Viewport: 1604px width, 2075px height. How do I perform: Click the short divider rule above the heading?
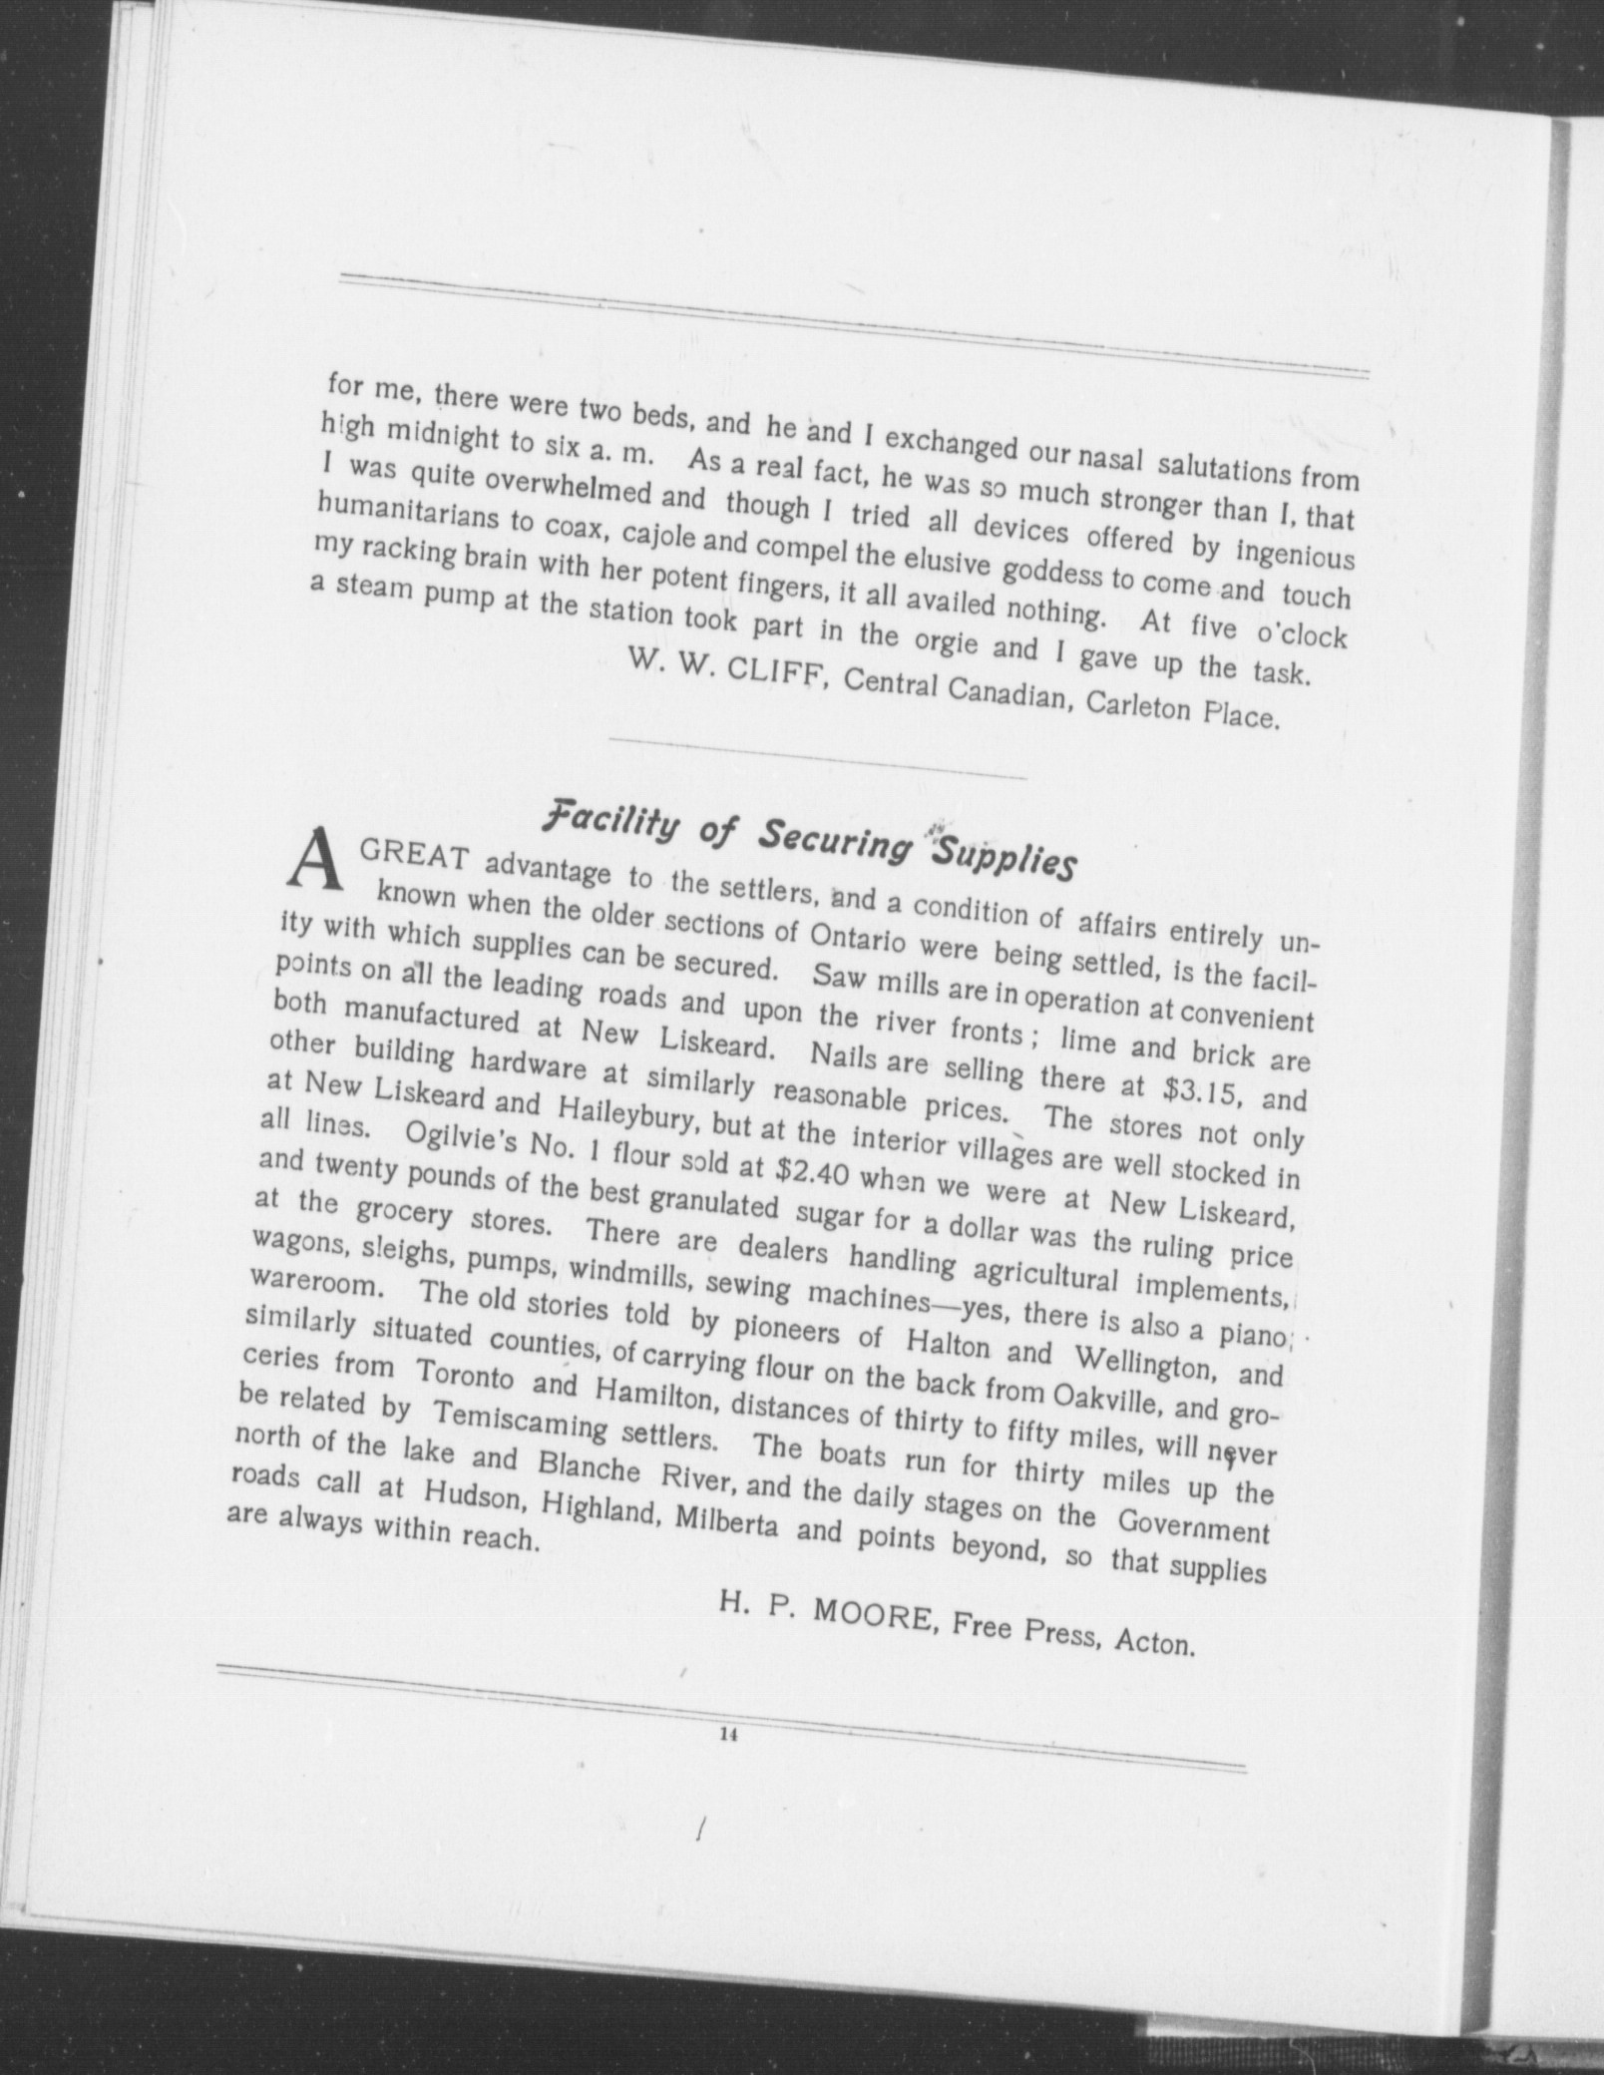point(816,758)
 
